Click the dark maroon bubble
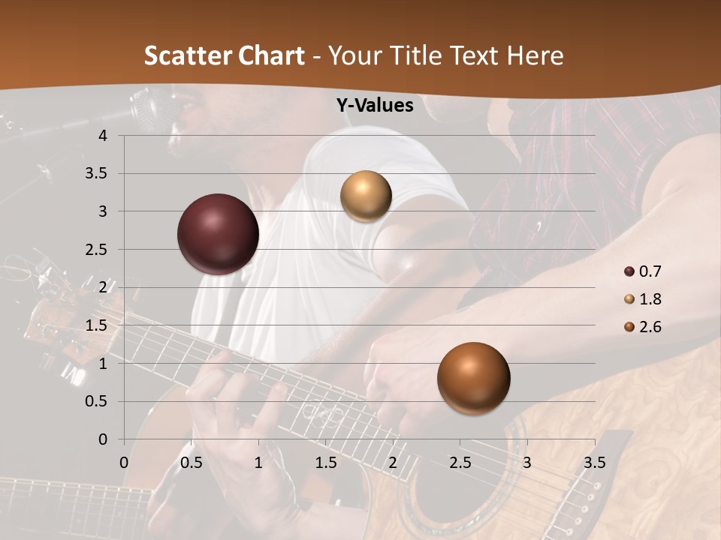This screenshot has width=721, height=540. point(218,234)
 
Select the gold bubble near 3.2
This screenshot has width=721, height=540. point(366,196)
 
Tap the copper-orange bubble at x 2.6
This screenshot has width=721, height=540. point(473,378)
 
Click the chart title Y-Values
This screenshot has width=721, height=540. point(375,106)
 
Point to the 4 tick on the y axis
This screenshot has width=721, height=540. point(103,136)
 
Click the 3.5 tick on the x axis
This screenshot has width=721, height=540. point(595,462)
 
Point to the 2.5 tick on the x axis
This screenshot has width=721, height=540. point(460,462)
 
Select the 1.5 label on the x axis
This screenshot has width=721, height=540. point(326,462)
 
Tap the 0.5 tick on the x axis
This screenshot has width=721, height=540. point(192,462)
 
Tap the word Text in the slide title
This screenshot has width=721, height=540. point(473,55)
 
